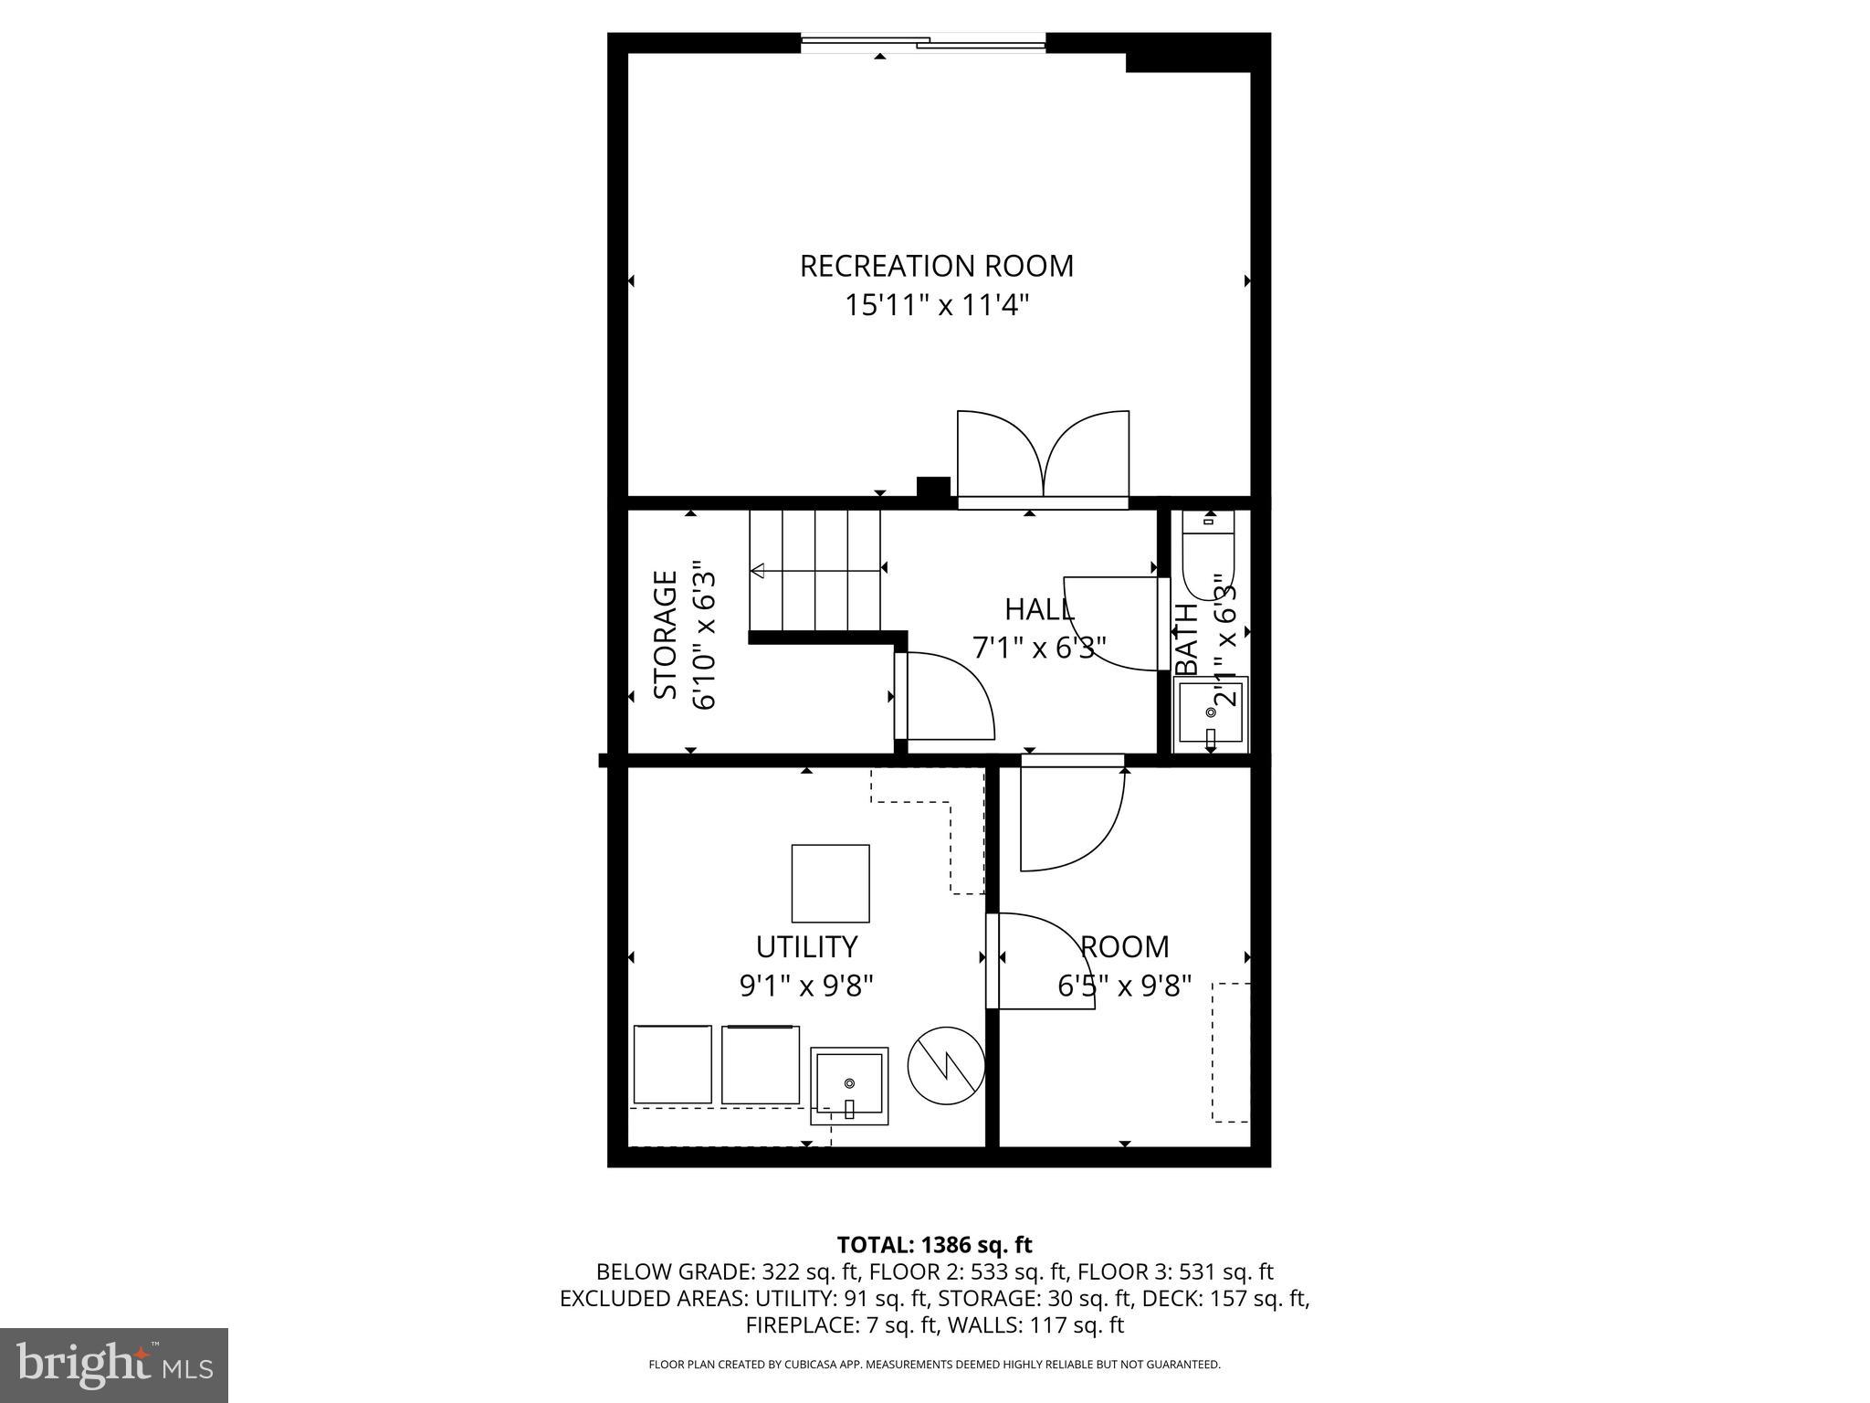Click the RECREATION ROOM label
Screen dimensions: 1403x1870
pyautogui.click(x=936, y=266)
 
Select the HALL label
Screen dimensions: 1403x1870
pyautogui.click(x=1039, y=609)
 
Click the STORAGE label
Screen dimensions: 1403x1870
pyautogui.click(x=667, y=635)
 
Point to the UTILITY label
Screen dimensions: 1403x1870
pyautogui.click(x=806, y=946)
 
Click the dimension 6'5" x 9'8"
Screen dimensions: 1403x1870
pyautogui.click(x=1124, y=986)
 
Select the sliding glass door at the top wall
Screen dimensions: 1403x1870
pyautogui.click(x=923, y=41)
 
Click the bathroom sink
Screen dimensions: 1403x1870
pyautogui.click(x=1211, y=715)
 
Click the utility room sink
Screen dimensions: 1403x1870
pyautogui.click(x=849, y=1085)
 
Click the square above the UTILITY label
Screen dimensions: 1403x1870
pyautogui.click(x=830, y=883)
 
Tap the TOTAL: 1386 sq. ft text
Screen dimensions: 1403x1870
pyautogui.click(x=934, y=1245)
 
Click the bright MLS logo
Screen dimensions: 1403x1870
pyautogui.click(x=114, y=1365)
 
